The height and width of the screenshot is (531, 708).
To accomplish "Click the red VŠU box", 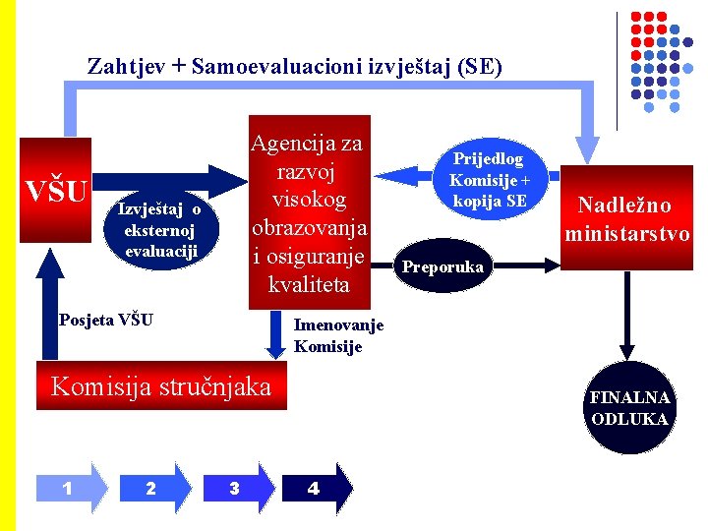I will (x=56, y=190).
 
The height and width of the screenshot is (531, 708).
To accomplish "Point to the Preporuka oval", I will (x=442, y=266).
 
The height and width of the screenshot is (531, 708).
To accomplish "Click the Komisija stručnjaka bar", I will (x=160, y=386).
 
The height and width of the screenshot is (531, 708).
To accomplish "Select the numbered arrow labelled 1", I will (x=70, y=487).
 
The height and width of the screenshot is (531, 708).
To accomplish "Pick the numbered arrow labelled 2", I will (x=152, y=487).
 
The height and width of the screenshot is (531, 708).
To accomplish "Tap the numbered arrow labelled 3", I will (x=237, y=487).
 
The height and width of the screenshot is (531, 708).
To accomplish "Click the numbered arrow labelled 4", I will (x=316, y=487).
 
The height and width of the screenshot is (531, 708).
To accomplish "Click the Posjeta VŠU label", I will (x=105, y=319).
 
